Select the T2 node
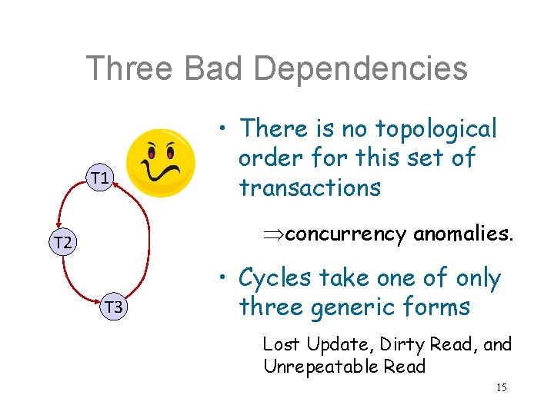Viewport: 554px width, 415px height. coord(61,243)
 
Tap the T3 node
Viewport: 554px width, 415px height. coord(114,307)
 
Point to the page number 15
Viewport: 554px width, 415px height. coord(500,387)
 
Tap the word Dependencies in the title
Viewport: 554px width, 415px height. coord(360,68)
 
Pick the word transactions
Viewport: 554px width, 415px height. coord(310,187)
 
